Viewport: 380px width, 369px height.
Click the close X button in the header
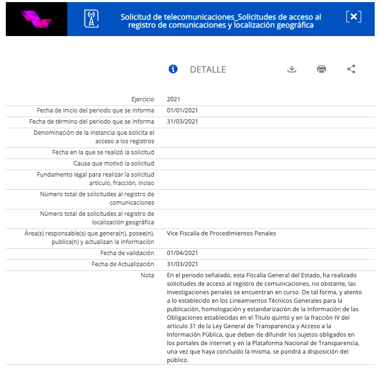(x=354, y=17)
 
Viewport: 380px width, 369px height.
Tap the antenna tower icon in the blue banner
(x=92, y=19)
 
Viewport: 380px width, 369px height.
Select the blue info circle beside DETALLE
(x=173, y=69)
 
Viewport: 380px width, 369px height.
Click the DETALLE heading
(x=208, y=69)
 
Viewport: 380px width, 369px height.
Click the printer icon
(x=321, y=69)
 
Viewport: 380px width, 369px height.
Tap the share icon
(x=351, y=69)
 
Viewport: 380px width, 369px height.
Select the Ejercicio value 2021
(x=173, y=99)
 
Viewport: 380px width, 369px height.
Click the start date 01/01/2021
(x=182, y=110)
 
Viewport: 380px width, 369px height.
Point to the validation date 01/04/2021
(x=182, y=253)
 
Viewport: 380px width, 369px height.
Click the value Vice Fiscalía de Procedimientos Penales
(x=221, y=233)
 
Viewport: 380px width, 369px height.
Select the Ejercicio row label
(x=143, y=99)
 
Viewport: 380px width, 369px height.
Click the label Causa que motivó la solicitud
(x=113, y=163)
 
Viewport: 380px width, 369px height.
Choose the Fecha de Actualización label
(x=122, y=264)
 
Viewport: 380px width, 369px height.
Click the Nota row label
(x=147, y=275)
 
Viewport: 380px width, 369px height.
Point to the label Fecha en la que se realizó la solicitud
(x=103, y=152)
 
